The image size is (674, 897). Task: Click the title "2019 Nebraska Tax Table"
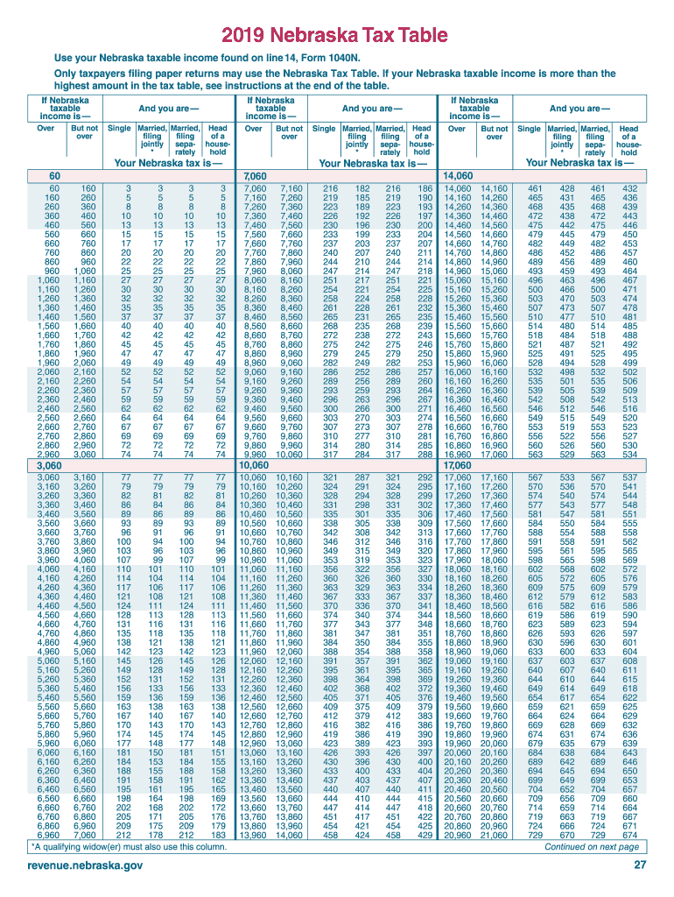tap(337, 36)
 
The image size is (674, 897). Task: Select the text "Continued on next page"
tap(592, 847)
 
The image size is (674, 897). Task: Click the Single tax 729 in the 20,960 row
tap(533, 835)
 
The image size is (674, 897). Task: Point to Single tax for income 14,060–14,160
tap(533, 188)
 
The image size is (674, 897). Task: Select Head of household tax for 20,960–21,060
tap(628, 835)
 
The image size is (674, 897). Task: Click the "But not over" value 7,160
tap(290, 188)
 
